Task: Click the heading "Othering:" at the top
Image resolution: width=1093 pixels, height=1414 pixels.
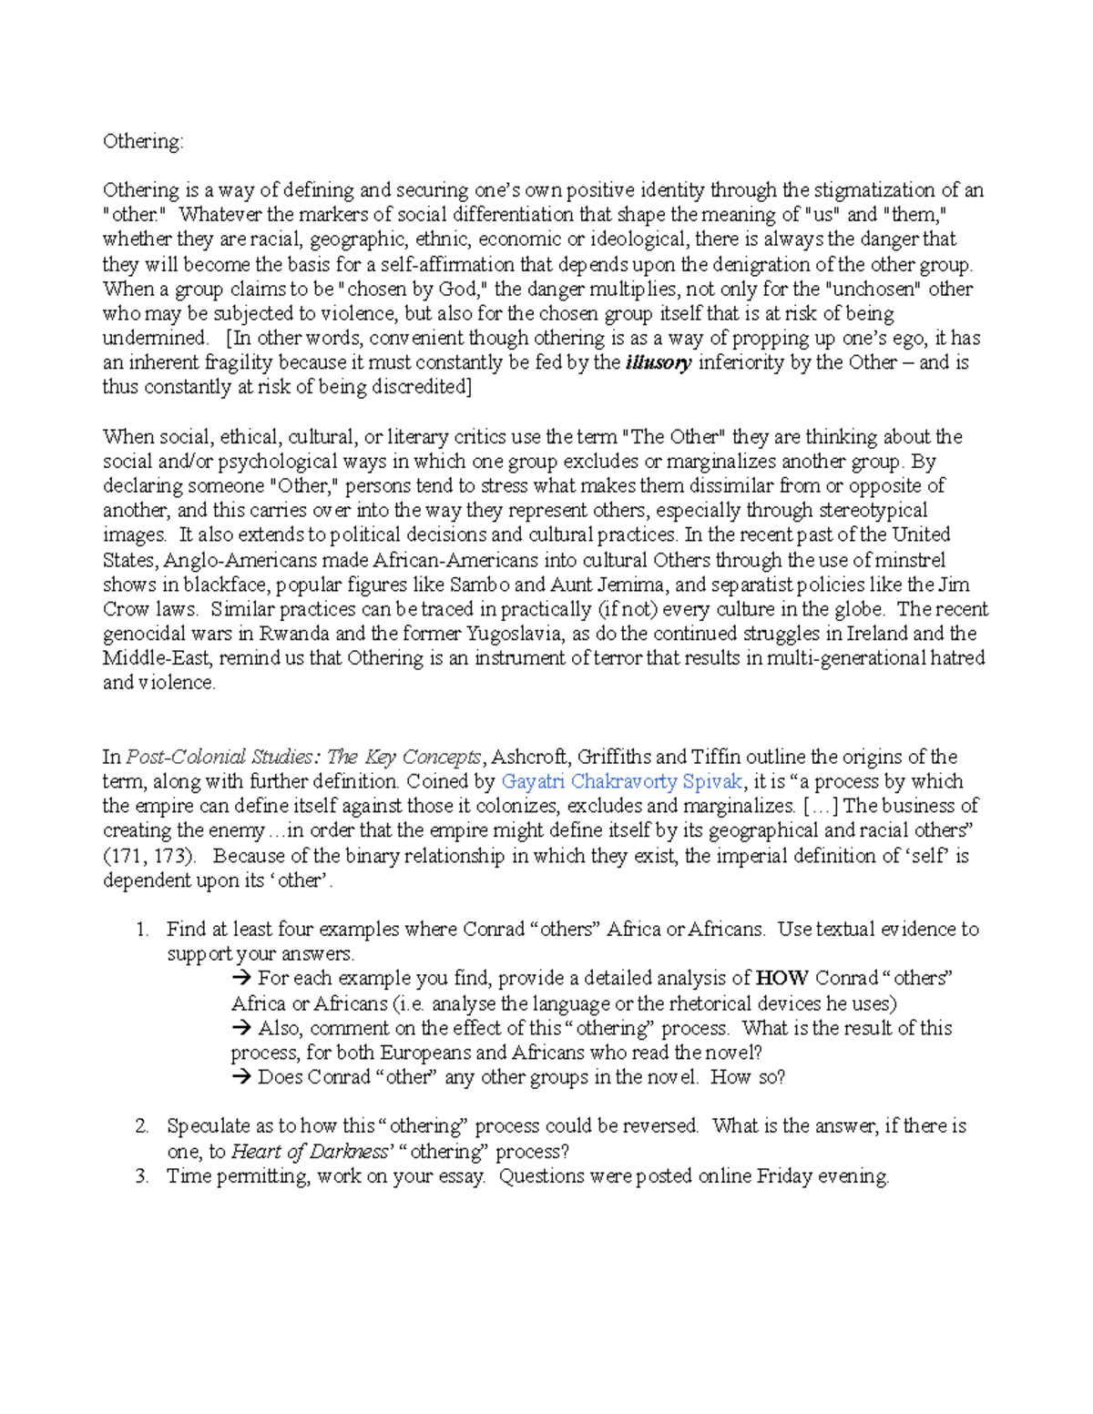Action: click(x=143, y=141)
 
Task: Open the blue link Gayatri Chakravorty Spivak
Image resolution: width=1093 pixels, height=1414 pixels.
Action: click(x=622, y=781)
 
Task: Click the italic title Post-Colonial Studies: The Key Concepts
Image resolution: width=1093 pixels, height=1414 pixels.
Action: click(x=303, y=757)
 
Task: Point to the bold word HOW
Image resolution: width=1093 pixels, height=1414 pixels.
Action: click(x=781, y=978)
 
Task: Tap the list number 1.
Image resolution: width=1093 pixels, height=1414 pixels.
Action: click(x=141, y=930)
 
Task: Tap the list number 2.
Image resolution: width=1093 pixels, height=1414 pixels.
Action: click(x=141, y=1126)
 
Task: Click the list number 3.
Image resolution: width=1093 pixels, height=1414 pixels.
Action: click(x=141, y=1176)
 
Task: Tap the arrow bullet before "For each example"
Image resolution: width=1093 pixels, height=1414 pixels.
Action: click(x=241, y=979)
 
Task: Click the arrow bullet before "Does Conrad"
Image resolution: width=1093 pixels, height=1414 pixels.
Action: click(x=241, y=1077)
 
